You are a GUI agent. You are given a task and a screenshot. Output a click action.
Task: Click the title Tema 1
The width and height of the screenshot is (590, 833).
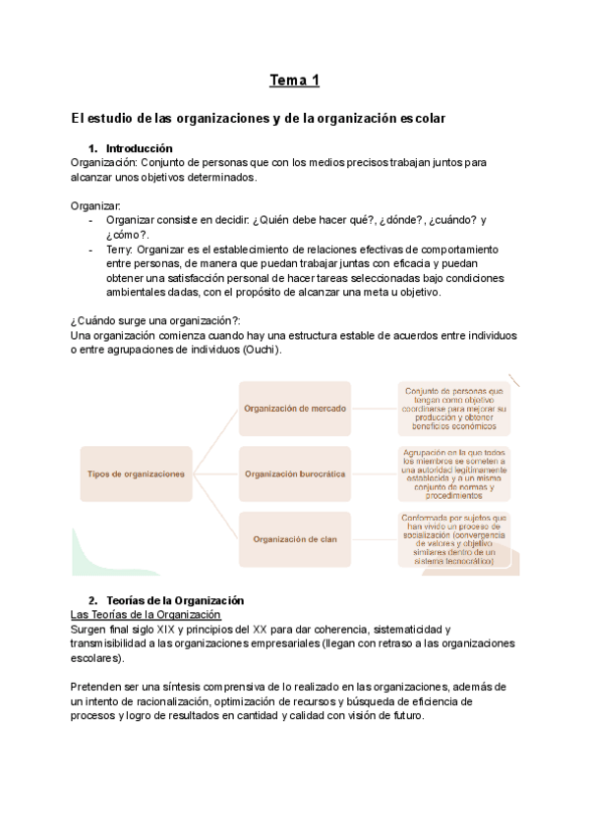(294, 81)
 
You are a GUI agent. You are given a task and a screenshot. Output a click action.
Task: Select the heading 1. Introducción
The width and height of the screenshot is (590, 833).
(140, 148)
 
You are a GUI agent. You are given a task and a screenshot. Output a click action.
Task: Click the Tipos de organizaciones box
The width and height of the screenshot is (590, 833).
(136, 473)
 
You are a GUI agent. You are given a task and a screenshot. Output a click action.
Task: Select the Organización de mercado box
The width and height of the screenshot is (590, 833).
(295, 408)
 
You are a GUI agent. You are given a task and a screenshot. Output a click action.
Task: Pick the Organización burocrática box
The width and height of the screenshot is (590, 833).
(295, 473)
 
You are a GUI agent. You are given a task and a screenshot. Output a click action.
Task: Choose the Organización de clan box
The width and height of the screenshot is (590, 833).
(295, 538)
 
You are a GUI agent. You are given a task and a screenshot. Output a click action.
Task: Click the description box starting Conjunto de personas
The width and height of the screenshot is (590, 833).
(454, 408)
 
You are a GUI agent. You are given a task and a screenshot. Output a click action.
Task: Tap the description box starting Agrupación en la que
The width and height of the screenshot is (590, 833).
(454, 473)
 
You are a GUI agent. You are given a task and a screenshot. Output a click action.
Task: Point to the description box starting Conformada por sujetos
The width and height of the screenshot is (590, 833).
(454, 538)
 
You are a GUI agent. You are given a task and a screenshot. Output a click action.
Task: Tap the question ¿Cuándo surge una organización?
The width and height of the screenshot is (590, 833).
(156, 321)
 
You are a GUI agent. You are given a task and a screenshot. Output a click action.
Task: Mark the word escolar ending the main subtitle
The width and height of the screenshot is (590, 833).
(422, 118)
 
